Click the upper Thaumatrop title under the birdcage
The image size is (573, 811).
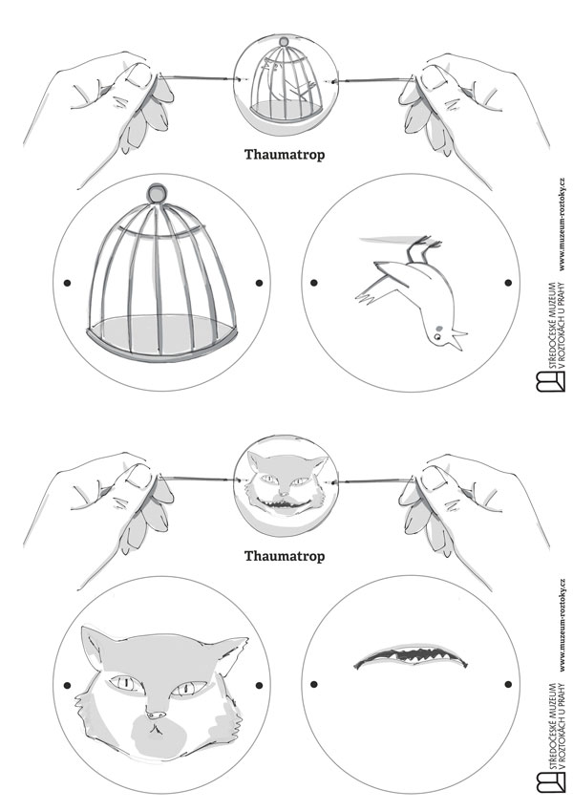pyautogui.click(x=285, y=155)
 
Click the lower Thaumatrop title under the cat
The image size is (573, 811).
pyautogui.click(x=285, y=557)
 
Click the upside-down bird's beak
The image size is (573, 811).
pyautogui.click(x=457, y=340)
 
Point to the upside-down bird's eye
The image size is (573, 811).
pyautogui.click(x=438, y=336)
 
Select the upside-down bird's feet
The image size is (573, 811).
pyautogui.click(x=422, y=248)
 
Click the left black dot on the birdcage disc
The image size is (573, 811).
pyautogui.click(x=67, y=283)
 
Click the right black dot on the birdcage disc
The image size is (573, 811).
pyautogui.click(x=259, y=283)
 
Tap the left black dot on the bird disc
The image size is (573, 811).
pyautogui.click(x=314, y=283)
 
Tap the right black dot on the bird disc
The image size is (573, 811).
pyautogui.click(x=508, y=283)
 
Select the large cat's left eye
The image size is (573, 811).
pyautogui.click(x=124, y=683)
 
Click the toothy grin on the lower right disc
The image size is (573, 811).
pyautogui.click(x=412, y=656)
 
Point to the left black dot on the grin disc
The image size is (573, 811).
pyautogui.click(x=314, y=684)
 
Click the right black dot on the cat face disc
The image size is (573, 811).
pyautogui.click(x=259, y=685)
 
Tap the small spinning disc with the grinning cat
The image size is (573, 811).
pyautogui.click(x=286, y=484)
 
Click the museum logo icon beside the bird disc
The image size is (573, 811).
pyautogui.click(x=550, y=381)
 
